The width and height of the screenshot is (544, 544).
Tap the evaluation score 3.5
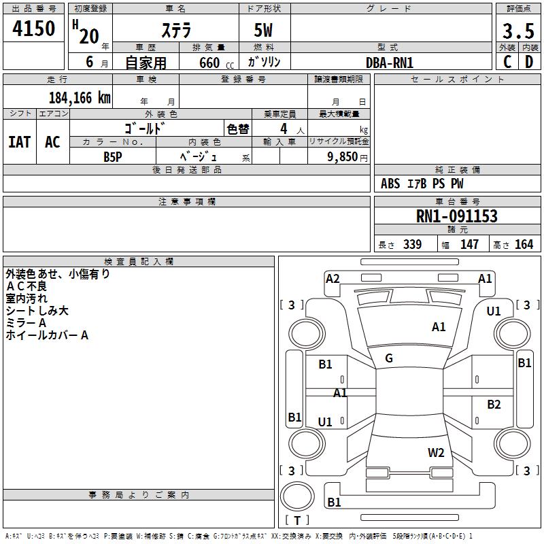pyautogui.click(x=517, y=32)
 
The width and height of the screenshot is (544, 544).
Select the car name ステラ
pyautogui.click(x=175, y=31)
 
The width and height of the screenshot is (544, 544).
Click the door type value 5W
pyautogui.click(x=264, y=31)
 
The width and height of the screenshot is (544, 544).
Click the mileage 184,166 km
pyautogui.click(x=80, y=97)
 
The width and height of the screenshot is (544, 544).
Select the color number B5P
pyautogui.click(x=113, y=156)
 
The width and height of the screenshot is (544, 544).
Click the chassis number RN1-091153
pyautogui.click(x=456, y=216)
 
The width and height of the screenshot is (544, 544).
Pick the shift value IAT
pyautogui.click(x=20, y=142)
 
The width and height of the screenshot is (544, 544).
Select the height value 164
pyautogui.click(x=523, y=245)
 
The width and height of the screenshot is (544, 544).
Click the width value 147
pyautogui.click(x=469, y=245)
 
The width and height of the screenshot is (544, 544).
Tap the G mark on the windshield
pyautogui.click(x=388, y=358)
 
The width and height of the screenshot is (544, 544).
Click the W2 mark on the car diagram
pyautogui.click(x=436, y=453)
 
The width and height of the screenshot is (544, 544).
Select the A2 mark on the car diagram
pyautogui.click(x=333, y=278)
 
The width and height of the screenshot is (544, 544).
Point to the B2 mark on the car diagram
pyautogui.click(x=494, y=405)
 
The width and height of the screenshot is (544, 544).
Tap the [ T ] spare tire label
pyautogui.click(x=296, y=520)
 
